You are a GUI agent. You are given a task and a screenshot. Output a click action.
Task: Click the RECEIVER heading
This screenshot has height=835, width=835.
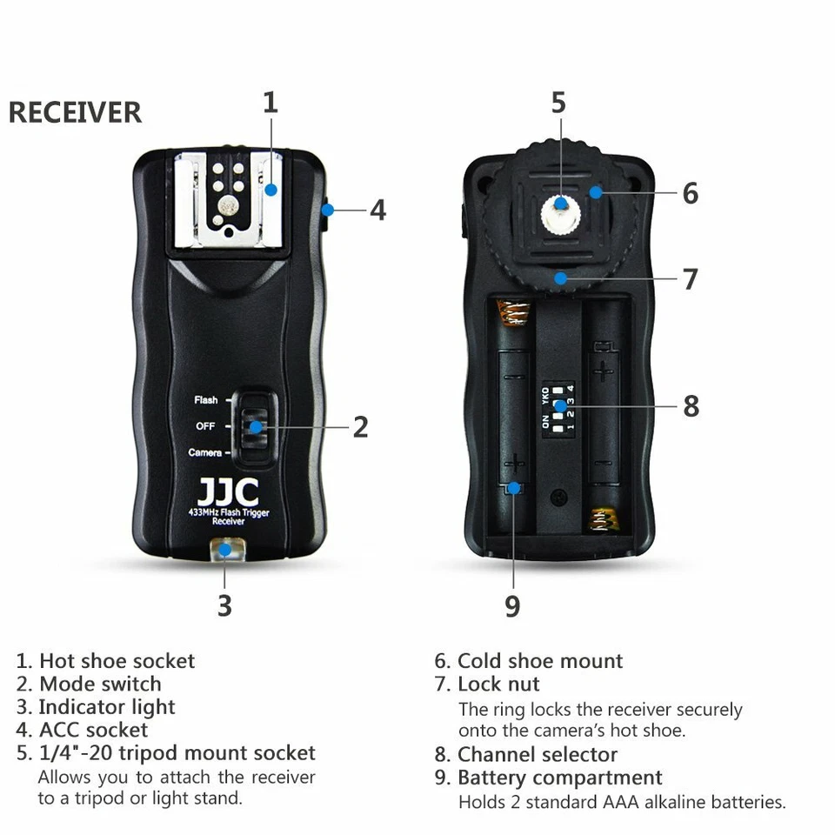pyautogui.click(x=75, y=113)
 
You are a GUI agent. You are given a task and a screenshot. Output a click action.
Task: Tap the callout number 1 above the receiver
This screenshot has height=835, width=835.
pyautogui.click(x=271, y=103)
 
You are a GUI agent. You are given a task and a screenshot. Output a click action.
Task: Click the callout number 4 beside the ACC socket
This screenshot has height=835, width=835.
pyautogui.click(x=377, y=210)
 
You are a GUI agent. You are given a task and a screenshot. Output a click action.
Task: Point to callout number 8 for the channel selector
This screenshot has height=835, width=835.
pyautogui.click(x=691, y=406)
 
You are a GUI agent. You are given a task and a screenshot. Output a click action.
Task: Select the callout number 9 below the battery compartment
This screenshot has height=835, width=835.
pyautogui.click(x=512, y=606)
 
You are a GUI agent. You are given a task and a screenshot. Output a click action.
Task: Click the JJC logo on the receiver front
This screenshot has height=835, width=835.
pyautogui.click(x=227, y=491)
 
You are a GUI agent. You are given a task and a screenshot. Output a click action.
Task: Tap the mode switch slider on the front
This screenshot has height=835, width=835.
pyautogui.click(x=255, y=426)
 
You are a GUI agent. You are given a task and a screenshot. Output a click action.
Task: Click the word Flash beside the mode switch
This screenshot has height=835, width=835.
pyautogui.click(x=206, y=400)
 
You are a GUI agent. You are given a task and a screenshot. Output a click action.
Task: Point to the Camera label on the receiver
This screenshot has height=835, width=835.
pyautogui.click(x=204, y=453)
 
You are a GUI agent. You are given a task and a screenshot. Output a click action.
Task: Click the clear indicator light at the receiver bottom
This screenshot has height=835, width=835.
pyautogui.click(x=225, y=549)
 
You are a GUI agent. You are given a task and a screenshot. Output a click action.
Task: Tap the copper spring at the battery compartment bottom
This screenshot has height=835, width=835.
pyautogui.click(x=605, y=519)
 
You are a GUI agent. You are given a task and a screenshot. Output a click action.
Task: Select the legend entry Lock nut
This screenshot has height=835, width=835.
pyautogui.click(x=498, y=685)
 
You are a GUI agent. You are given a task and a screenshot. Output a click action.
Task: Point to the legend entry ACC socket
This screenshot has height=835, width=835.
pyautogui.click(x=93, y=730)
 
